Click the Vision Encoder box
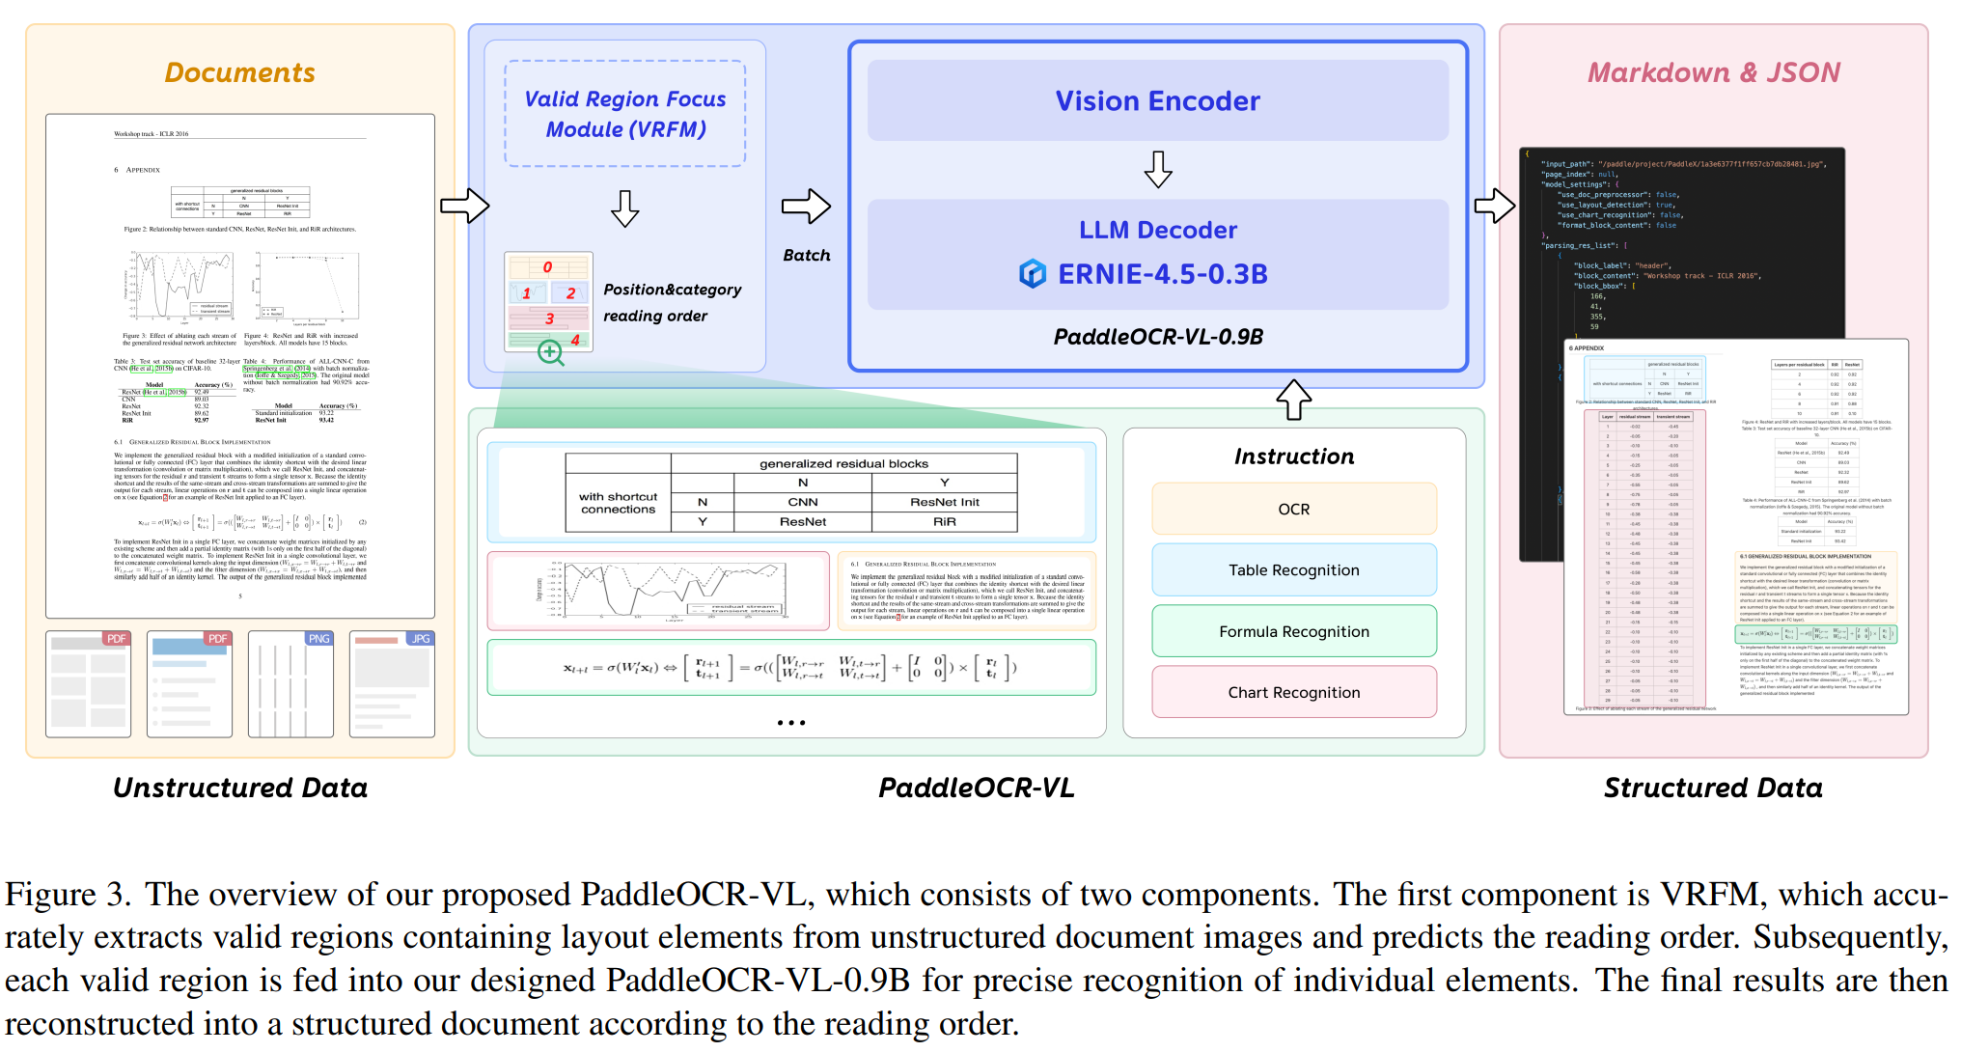1157,100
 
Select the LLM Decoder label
1157,230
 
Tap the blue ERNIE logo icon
1032,274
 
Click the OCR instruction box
1293,509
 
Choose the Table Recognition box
1293,570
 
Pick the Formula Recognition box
1293,631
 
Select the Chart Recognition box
1293,692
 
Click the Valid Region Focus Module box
625,114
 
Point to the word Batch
806,255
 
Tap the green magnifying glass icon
550,352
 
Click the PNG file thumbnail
290,683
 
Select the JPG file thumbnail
392,683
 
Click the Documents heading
239,72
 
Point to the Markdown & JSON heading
1713,72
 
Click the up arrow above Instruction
1293,400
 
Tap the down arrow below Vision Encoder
1157,169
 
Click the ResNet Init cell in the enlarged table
944,502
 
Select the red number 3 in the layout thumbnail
549,318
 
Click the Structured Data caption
1713,788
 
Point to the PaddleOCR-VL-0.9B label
1157,337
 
